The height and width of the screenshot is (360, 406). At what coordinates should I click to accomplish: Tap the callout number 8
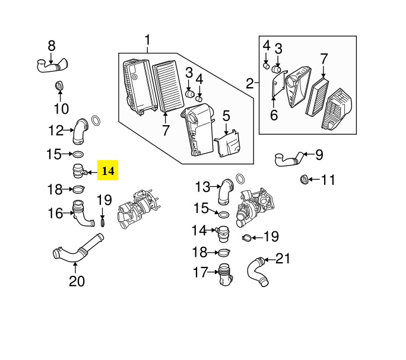pyautogui.click(x=51, y=46)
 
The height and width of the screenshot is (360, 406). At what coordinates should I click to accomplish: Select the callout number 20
pyautogui.click(x=77, y=281)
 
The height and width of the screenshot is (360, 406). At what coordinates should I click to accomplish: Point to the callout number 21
pyautogui.click(x=284, y=258)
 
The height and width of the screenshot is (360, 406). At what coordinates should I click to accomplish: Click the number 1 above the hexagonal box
pyautogui.click(x=147, y=40)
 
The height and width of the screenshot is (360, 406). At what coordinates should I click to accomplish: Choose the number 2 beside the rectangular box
pyautogui.click(x=250, y=83)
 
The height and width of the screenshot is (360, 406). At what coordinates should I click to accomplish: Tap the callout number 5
pyautogui.click(x=226, y=115)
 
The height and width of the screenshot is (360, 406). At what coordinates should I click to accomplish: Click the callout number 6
pyautogui.click(x=274, y=116)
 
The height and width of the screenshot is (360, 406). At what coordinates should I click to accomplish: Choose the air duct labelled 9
pyautogui.click(x=289, y=158)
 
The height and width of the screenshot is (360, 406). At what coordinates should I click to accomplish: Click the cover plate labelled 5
pyautogui.click(x=228, y=145)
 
